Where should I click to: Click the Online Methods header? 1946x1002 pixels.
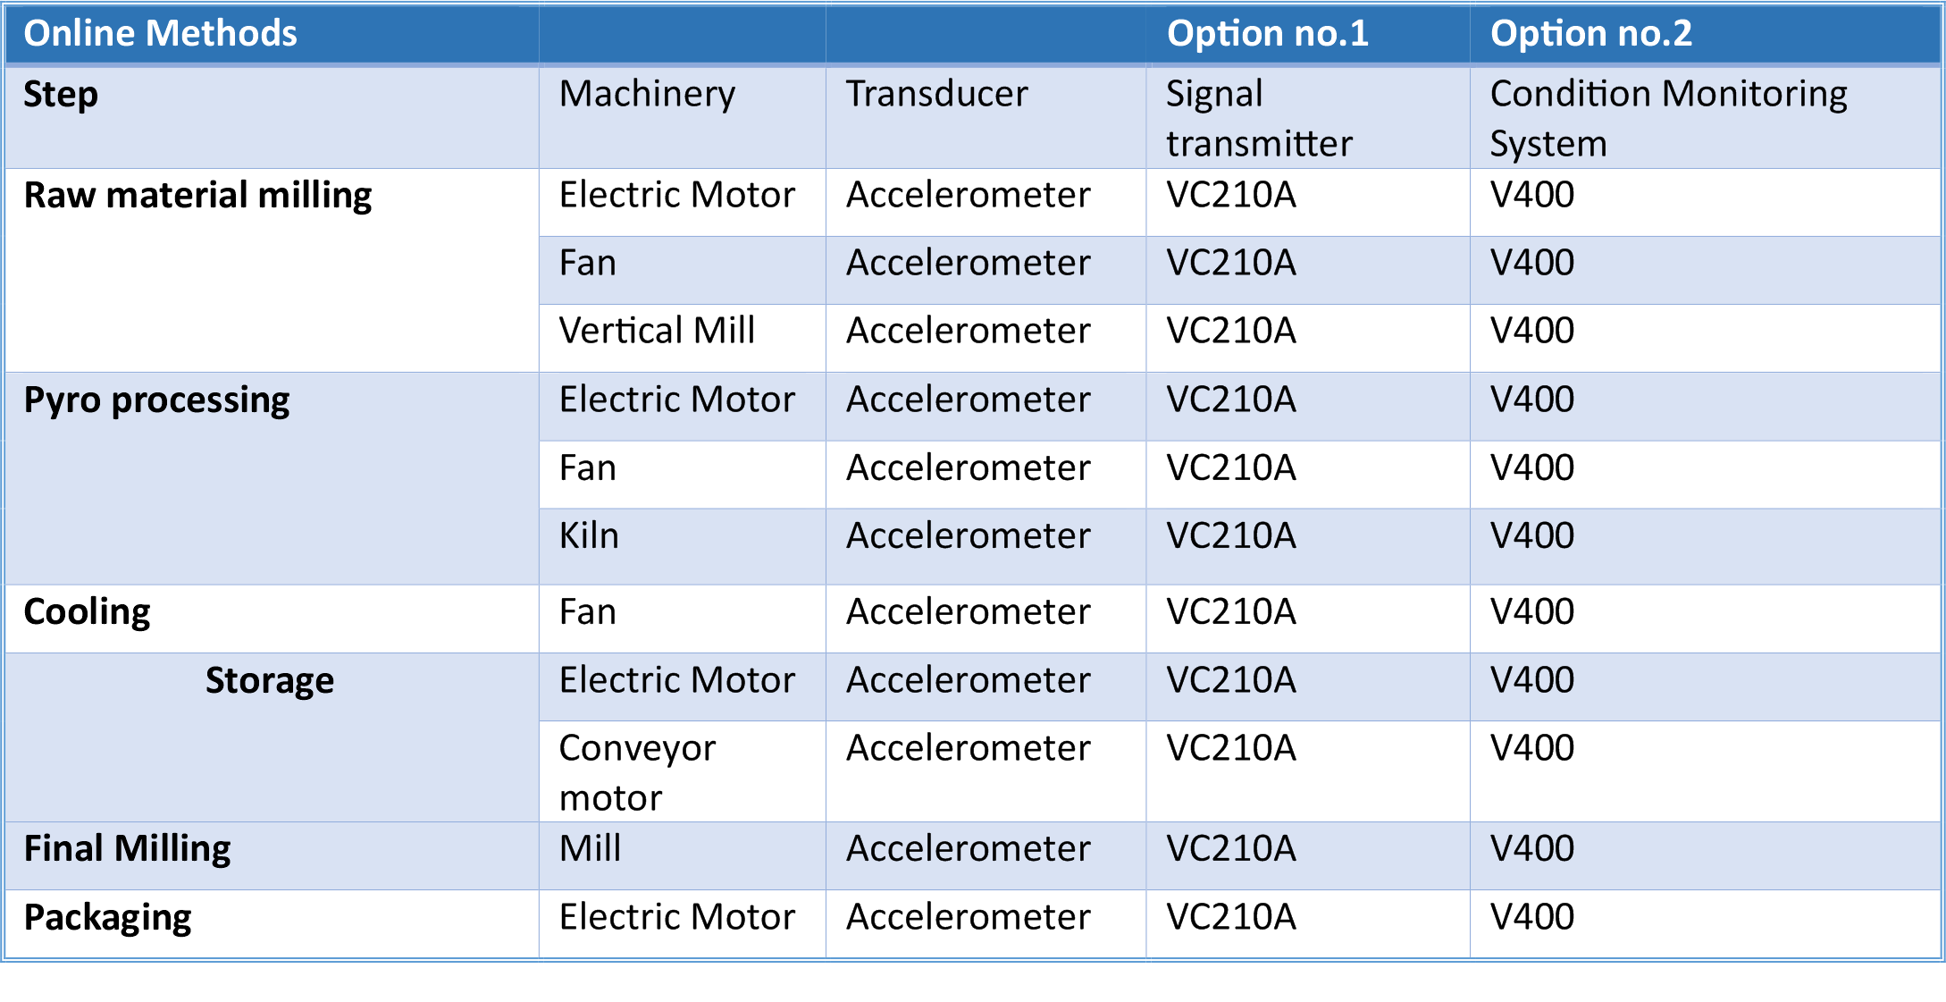click(x=160, y=34)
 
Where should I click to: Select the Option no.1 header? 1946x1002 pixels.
click(x=1267, y=34)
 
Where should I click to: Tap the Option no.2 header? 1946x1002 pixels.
click(x=1590, y=34)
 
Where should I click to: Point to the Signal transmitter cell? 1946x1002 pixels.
click(x=1259, y=119)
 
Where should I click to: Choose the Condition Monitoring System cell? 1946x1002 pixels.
click(x=1668, y=119)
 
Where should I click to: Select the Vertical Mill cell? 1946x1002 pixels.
click(x=657, y=331)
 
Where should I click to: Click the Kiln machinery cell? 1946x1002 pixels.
click(x=589, y=536)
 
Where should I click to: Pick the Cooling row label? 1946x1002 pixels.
click(x=87, y=613)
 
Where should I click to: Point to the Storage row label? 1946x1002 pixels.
click(x=270, y=681)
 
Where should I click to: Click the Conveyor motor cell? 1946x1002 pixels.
click(x=637, y=773)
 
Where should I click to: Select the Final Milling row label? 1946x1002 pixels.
click(x=127, y=849)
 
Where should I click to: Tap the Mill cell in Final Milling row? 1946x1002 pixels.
click(x=590, y=848)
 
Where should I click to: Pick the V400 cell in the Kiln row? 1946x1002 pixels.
click(x=1531, y=536)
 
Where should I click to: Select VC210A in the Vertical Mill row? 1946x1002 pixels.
click(x=1231, y=331)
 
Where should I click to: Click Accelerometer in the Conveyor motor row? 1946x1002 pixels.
click(x=969, y=748)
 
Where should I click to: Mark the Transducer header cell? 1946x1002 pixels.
click(x=936, y=94)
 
